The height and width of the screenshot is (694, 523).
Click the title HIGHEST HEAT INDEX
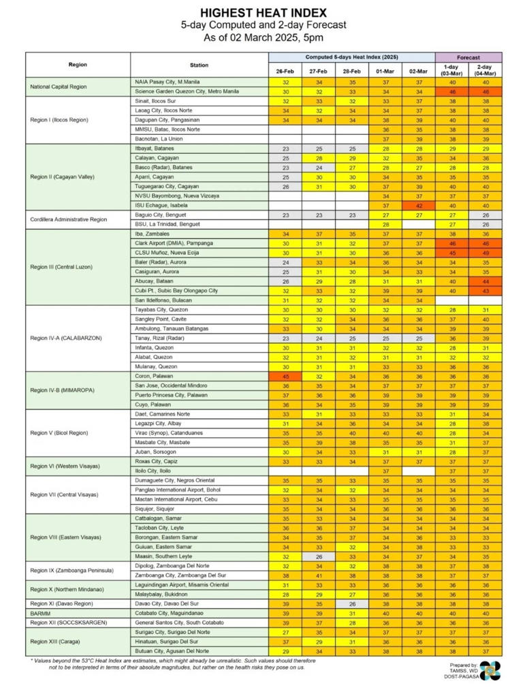click(263, 12)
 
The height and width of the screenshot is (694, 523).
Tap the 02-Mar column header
click(418, 71)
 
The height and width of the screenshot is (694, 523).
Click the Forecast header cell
click(468, 58)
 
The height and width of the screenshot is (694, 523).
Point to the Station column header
click(200, 65)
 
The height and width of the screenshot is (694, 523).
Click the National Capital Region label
click(59, 87)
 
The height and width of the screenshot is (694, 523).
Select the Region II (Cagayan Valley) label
click(62, 176)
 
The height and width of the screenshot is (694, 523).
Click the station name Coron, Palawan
click(154, 375)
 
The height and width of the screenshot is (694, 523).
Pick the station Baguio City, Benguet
click(161, 215)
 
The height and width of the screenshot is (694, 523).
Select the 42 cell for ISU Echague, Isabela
click(418, 205)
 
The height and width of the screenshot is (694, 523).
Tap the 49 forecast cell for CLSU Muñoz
click(485, 253)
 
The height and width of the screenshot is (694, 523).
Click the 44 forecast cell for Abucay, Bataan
click(485, 281)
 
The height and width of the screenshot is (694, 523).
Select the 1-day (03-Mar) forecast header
click(451, 71)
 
